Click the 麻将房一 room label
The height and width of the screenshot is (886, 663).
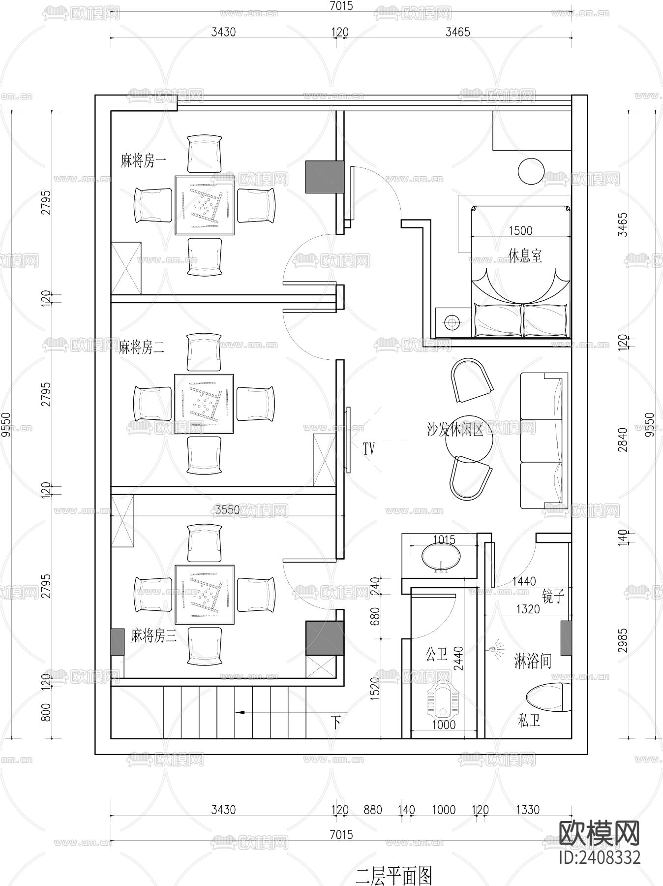click(144, 161)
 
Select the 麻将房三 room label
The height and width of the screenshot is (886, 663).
click(153, 636)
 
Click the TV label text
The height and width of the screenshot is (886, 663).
click(369, 448)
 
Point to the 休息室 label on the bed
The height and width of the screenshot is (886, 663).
click(525, 255)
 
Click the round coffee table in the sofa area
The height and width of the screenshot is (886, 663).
click(469, 441)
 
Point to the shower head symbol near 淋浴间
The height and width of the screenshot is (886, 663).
click(495, 649)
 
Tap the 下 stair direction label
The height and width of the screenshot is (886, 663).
click(336, 723)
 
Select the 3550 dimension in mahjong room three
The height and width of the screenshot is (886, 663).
click(227, 509)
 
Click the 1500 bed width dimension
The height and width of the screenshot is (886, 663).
click(520, 230)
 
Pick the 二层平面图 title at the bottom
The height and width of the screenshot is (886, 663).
click(393, 876)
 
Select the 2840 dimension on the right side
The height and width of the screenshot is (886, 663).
click(623, 440)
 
